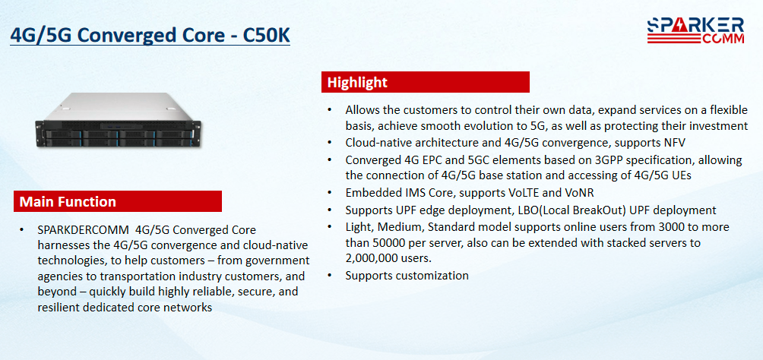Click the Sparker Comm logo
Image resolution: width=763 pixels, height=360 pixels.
click(695, 30)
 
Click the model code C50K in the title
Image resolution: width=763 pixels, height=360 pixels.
click(266, 35)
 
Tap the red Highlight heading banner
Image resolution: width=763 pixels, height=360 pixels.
click(426, 82)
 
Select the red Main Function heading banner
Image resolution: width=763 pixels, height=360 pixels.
click(118, 201)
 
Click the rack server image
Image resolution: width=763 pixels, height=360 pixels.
click(119, 120)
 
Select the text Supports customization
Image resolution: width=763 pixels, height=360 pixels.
click(407, 276)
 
